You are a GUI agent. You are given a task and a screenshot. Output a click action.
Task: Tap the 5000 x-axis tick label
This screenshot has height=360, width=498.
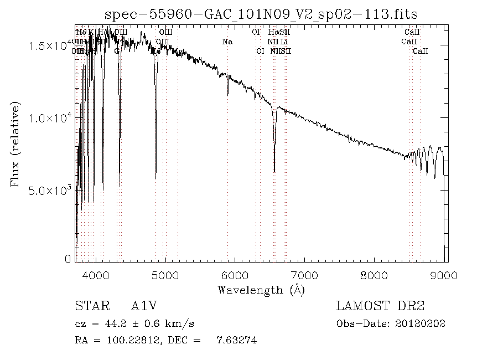(165, 275)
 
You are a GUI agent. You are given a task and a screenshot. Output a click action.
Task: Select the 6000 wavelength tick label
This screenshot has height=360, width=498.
(236, 275)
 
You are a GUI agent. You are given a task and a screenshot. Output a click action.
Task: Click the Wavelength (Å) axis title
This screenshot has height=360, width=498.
(261, 290)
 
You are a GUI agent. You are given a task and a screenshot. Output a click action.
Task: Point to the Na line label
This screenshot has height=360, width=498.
(227, 42)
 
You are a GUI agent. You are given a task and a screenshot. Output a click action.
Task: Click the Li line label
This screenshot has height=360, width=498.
(284, 42)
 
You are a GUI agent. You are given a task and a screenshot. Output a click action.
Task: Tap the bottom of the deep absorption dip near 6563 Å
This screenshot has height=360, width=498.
(274, 171)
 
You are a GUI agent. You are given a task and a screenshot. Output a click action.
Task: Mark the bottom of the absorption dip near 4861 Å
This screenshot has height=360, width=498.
(156, 178)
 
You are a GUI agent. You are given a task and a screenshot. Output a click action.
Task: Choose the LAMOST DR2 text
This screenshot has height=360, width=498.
(380, 306)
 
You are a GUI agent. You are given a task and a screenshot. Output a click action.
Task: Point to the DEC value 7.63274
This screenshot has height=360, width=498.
(236, 341)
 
